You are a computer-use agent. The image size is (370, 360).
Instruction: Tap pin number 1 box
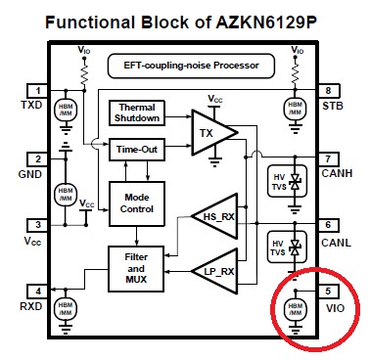36,89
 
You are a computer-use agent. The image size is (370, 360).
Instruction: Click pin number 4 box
36,291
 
